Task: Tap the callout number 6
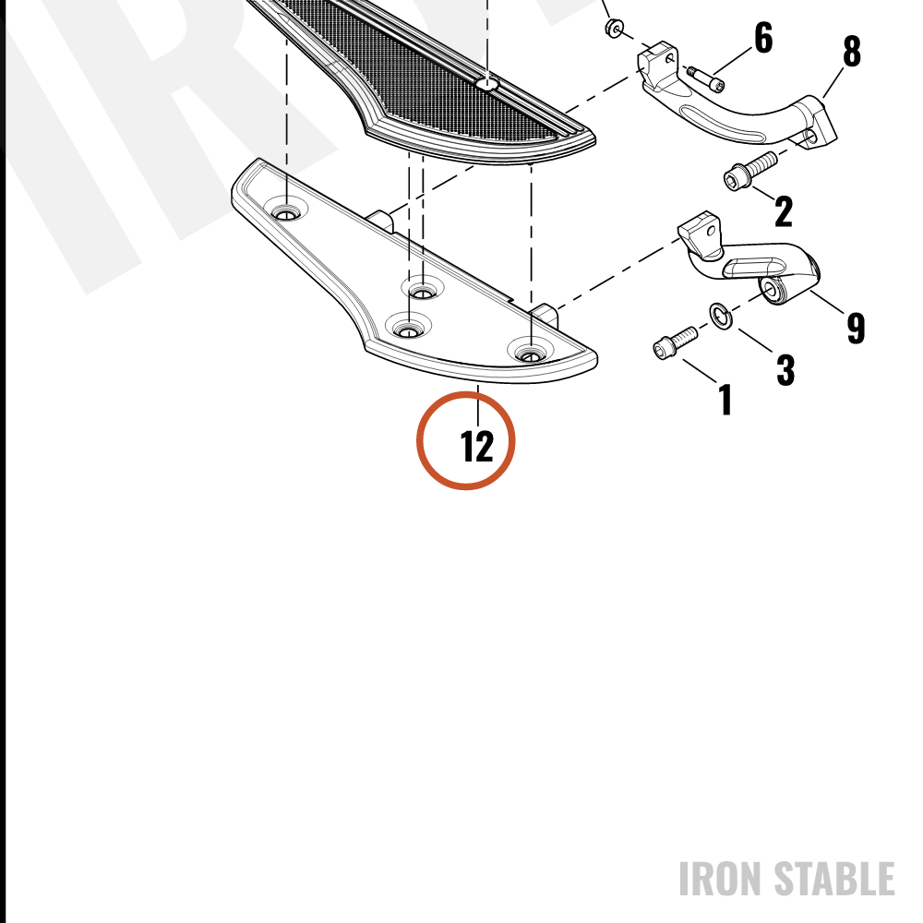coord(763,38)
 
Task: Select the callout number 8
coord(852,51)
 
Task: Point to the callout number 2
coord(784,211)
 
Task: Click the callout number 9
coord(856,328)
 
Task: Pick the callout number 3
coord(785,370)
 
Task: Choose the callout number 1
coord(725,400)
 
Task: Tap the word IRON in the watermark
coord(723,879)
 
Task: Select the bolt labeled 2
coord(749,170)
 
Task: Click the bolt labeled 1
coord(676,342)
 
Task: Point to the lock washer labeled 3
coord(721,316)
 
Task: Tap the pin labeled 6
coord(705,78)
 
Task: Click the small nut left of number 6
coord(614,27)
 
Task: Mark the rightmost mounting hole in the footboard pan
coord(531,355)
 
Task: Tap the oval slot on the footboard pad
coord(486,84)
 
